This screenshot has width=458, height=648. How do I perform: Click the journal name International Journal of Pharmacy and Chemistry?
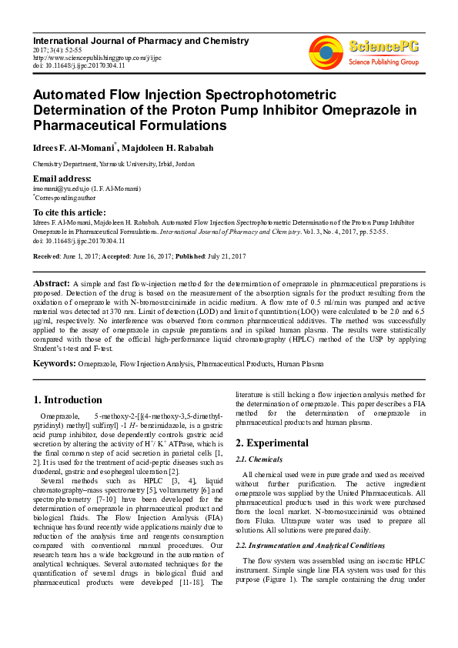pos(141,41)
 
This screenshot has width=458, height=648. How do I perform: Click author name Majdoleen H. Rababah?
pos(166,147)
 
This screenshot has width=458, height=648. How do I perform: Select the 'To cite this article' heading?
pos(69,212)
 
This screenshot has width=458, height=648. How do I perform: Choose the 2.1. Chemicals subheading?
pos(262,459)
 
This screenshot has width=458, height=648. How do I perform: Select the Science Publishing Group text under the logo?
pos(383,61)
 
